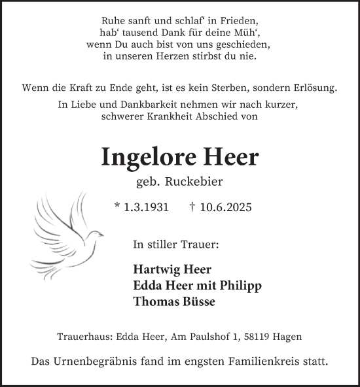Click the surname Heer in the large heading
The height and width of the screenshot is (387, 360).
(x=231, y=158)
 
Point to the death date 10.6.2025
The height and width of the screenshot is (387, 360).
(x=220, y=207)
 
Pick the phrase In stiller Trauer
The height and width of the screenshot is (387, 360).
(x=175, y=245)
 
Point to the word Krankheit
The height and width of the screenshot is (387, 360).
(x=177, y=117)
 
